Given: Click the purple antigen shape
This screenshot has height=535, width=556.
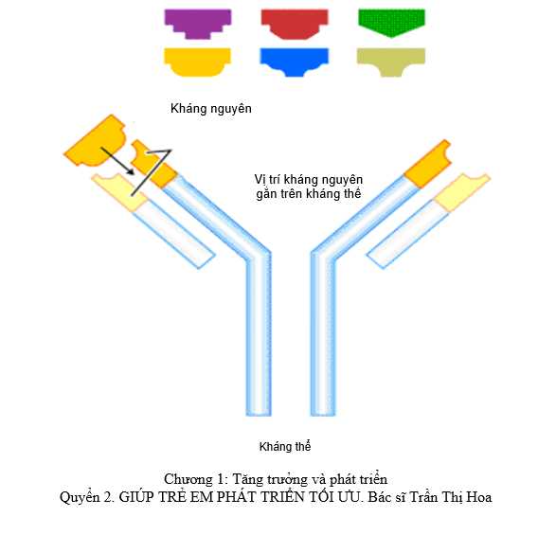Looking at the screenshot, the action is (x=198, y=21).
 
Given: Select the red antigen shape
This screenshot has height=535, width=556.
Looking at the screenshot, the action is (x=295, y=21).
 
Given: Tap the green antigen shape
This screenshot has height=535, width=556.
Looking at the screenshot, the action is (x=391, y=21).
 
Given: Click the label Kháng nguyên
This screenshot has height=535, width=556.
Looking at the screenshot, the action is (x=211, y=109).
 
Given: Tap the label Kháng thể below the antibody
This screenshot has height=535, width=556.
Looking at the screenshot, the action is (x=285, y=446).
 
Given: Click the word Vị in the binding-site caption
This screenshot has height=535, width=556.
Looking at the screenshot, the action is (x=260, y=179).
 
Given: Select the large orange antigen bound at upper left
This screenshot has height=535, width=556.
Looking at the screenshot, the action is (x=96, y=142).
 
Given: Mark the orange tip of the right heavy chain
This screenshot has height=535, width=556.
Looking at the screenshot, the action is (x=428, y=164).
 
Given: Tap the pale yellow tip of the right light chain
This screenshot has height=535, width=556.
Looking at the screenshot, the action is (x=461, y=192).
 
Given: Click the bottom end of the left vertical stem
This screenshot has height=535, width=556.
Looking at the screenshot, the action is (x=259, y=415).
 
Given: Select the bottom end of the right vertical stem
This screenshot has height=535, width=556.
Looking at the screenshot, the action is (x=323, y=415).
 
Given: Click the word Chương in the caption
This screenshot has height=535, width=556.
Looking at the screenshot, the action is (x=185, y=480).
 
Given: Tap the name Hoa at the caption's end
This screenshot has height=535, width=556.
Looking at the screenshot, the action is (x=479, y=497).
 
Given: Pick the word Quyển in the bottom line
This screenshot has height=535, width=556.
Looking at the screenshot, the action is (x=80, y=497).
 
